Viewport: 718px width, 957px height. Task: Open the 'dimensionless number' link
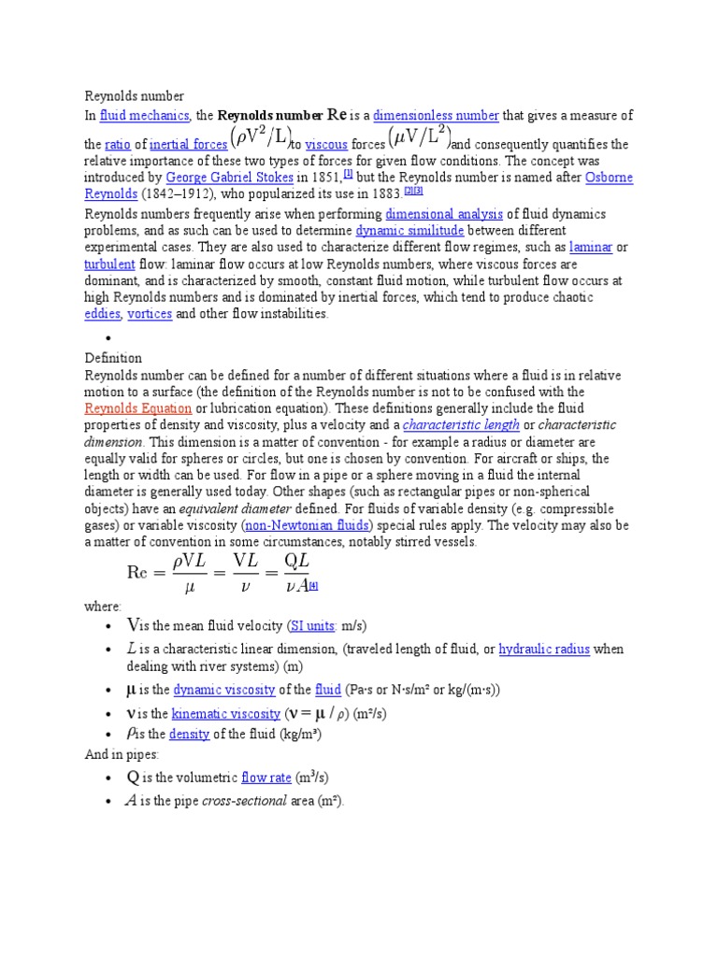coord(436,116)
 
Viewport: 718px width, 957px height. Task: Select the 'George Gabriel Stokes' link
coord(229,177)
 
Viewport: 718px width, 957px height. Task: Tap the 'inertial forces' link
coord(189,145)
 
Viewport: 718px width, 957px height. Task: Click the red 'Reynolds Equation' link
coord(138,408)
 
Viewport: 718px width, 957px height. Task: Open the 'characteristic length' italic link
coord(461,425)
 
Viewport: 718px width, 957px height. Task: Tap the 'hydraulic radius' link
coord(545,650)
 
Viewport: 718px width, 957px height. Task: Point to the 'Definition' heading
coord(113,358)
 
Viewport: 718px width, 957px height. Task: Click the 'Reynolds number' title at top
coord(135,95)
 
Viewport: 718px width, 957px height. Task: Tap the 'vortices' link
coord(150,314)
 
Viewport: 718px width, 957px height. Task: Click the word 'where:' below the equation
coord(103,607)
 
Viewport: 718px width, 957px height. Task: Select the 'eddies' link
coord(102,314)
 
